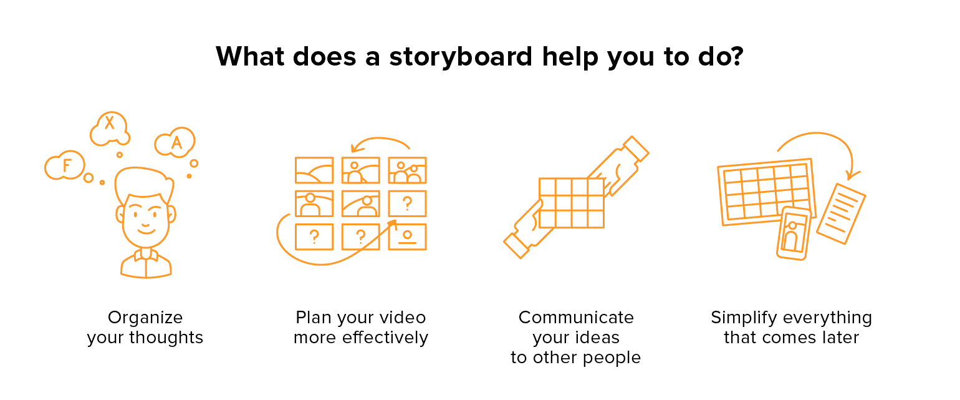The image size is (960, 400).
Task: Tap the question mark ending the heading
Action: tap(736, 57)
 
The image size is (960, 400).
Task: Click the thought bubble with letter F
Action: tap(64, 165)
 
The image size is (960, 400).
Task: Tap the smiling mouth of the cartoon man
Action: tap(146, 228)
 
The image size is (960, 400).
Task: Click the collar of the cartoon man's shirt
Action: tap(146, 254)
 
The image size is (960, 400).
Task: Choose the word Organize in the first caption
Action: tap(145, 318)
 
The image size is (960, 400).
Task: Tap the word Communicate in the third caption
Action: tap(576, 318)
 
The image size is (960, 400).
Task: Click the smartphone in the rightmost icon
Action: tap(793, 232)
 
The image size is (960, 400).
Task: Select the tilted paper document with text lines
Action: tap(841, 213)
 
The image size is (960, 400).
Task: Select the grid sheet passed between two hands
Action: tap(571, 203)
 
